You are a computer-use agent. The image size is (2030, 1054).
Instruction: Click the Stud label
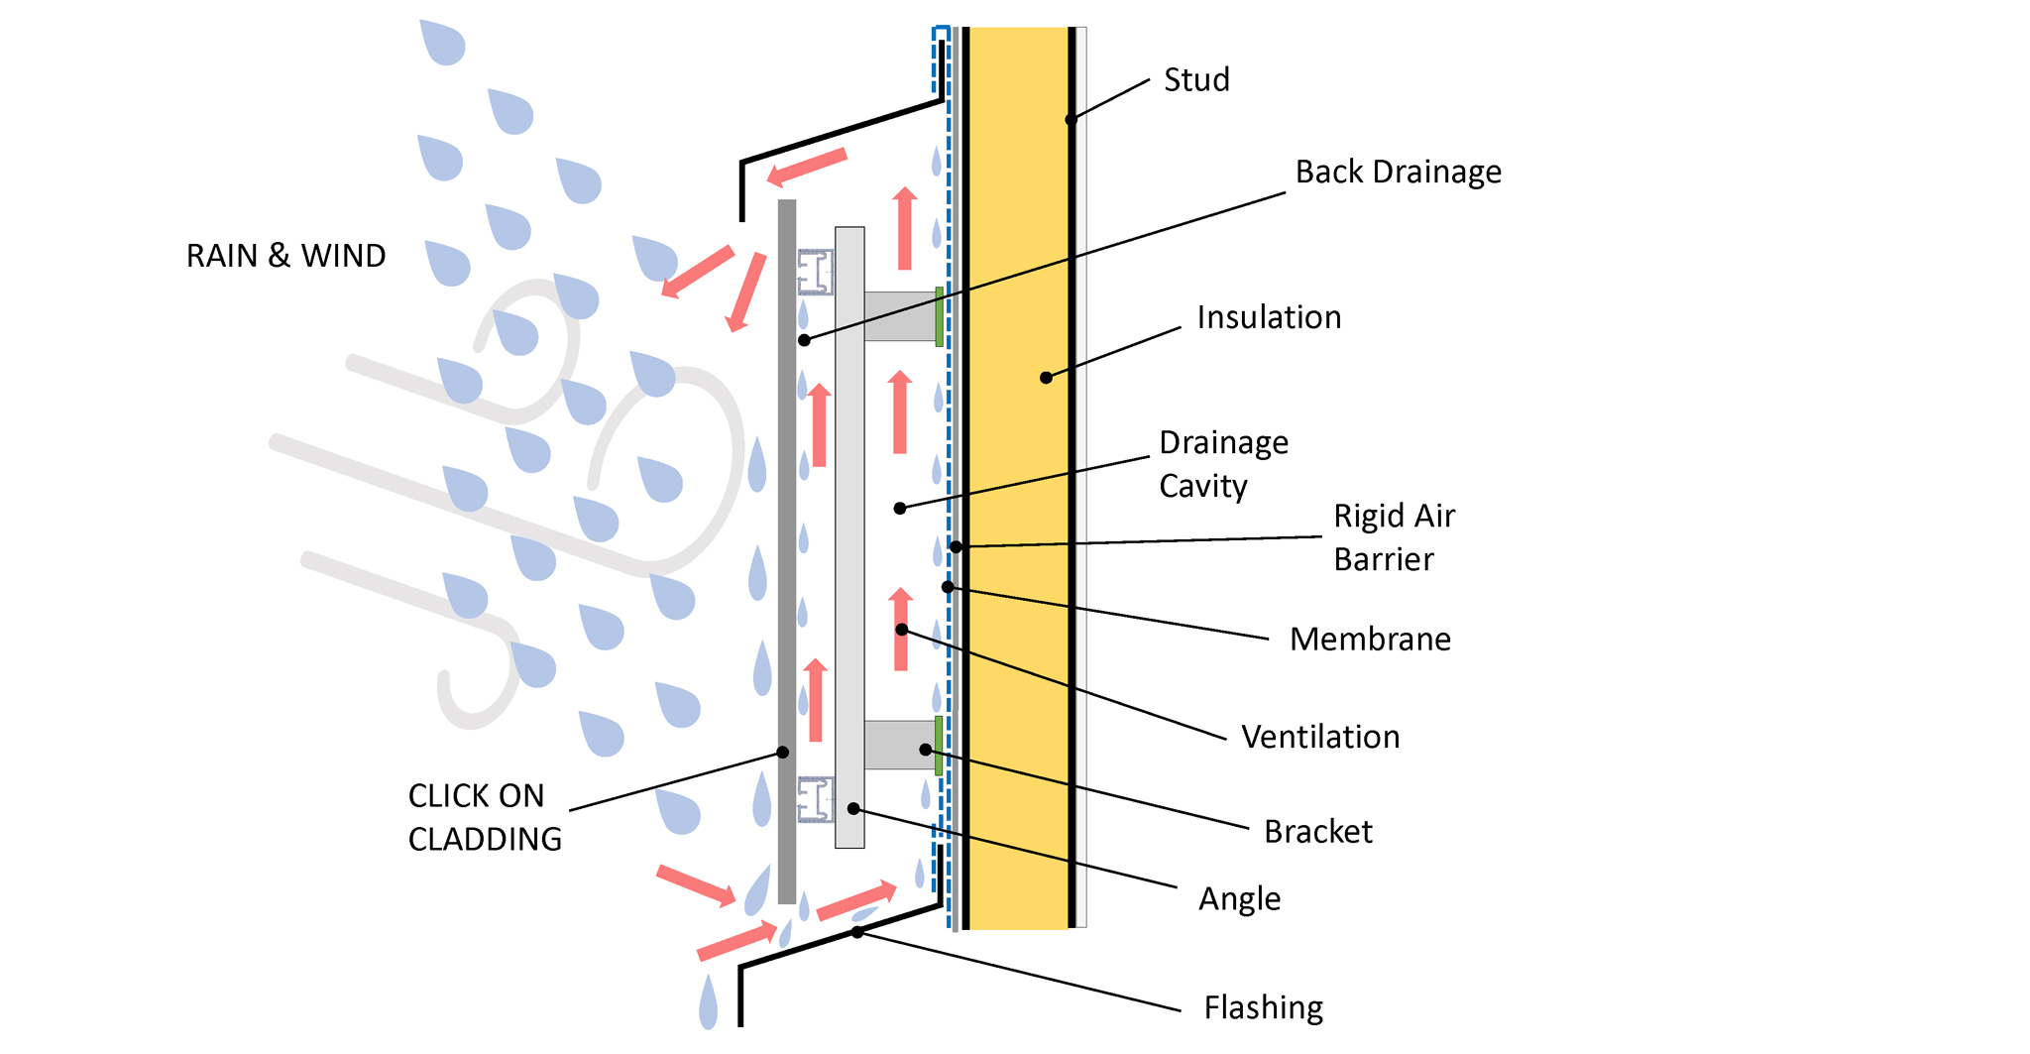(x=1196, y=79)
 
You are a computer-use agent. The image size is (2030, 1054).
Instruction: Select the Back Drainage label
(x=1398, y=172)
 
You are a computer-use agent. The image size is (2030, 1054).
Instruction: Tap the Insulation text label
(x=1269, y=317)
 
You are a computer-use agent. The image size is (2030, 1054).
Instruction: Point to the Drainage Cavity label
(x=1223, y=464)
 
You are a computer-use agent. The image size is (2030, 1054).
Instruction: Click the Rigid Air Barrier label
(x=1394, y=537)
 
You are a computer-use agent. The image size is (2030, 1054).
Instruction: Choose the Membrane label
(x=1370, y=639)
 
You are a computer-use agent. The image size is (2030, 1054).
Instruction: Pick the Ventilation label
(x=1320, y=737)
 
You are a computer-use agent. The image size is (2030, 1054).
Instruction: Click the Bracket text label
(x=1317, y=831)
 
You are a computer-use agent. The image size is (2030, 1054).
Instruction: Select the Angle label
(x=1239, y=898)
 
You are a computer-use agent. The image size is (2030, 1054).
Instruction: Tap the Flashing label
(x=1263, y=1007)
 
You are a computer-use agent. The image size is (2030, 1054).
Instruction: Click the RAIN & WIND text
(x=285, y=256)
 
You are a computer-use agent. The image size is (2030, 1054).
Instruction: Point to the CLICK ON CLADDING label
(x=485, y=817)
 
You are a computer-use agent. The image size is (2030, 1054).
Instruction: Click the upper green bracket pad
(x=939, y=316)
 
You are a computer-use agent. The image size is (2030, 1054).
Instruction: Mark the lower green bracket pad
(x=939, y=746)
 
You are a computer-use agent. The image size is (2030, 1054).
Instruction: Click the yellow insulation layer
(x=1016, y=476)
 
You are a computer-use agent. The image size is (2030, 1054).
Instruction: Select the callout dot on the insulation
(x=1046, y=378)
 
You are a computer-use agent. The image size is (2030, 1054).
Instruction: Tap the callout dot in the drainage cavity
(x=900, y=509)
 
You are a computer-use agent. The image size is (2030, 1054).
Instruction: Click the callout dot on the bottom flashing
(x=857, y=932)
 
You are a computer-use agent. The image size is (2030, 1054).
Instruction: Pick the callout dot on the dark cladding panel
(x=783, y=753)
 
